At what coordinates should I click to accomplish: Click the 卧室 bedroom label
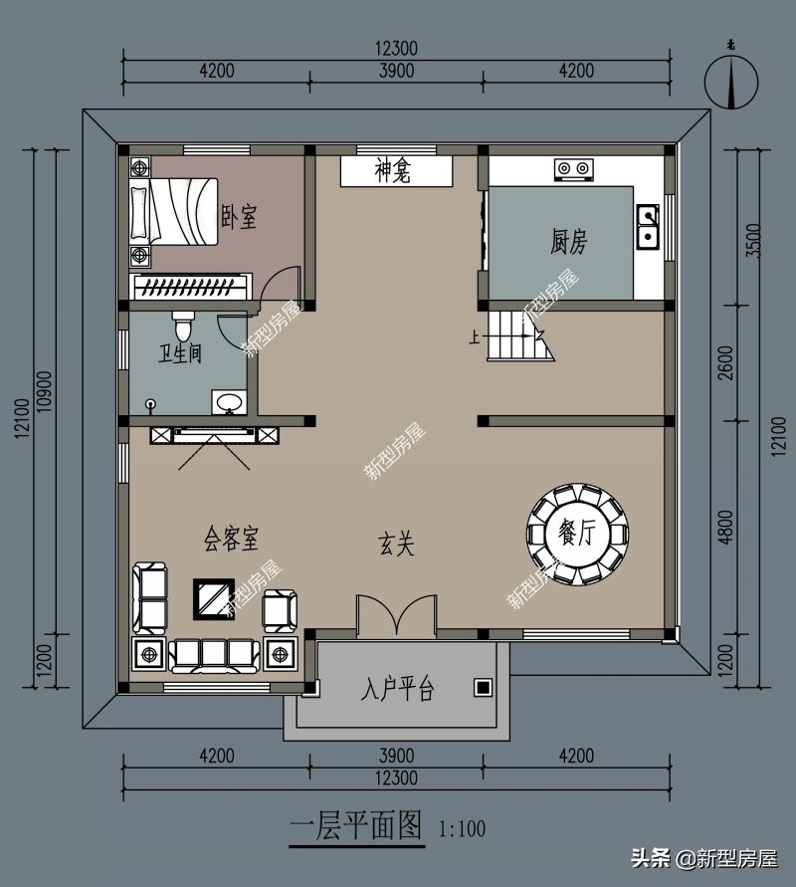point(239,217)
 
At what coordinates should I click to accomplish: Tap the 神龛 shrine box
point(396,171)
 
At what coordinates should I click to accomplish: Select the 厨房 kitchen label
point(569,242)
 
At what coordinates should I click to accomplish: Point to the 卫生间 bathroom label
point(180,354)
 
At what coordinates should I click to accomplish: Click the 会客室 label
point(231,538)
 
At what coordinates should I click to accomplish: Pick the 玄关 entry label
point(396,545)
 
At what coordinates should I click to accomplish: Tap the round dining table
point(577,534)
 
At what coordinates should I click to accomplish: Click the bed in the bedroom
point(174,212)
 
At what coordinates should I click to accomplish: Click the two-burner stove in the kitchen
point(574,169)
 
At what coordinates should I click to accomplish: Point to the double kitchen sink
point(649,226)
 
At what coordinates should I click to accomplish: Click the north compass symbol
point(731,82)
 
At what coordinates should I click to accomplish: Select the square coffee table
point(214,599)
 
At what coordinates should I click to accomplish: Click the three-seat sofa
point(215,655)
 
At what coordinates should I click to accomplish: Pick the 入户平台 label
point(397,689)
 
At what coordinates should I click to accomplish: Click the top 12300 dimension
point(396,49)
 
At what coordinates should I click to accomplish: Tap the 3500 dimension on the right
point(754,241)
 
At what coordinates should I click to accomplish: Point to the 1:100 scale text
point(462,829)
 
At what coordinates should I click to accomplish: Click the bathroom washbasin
point(230,402)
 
